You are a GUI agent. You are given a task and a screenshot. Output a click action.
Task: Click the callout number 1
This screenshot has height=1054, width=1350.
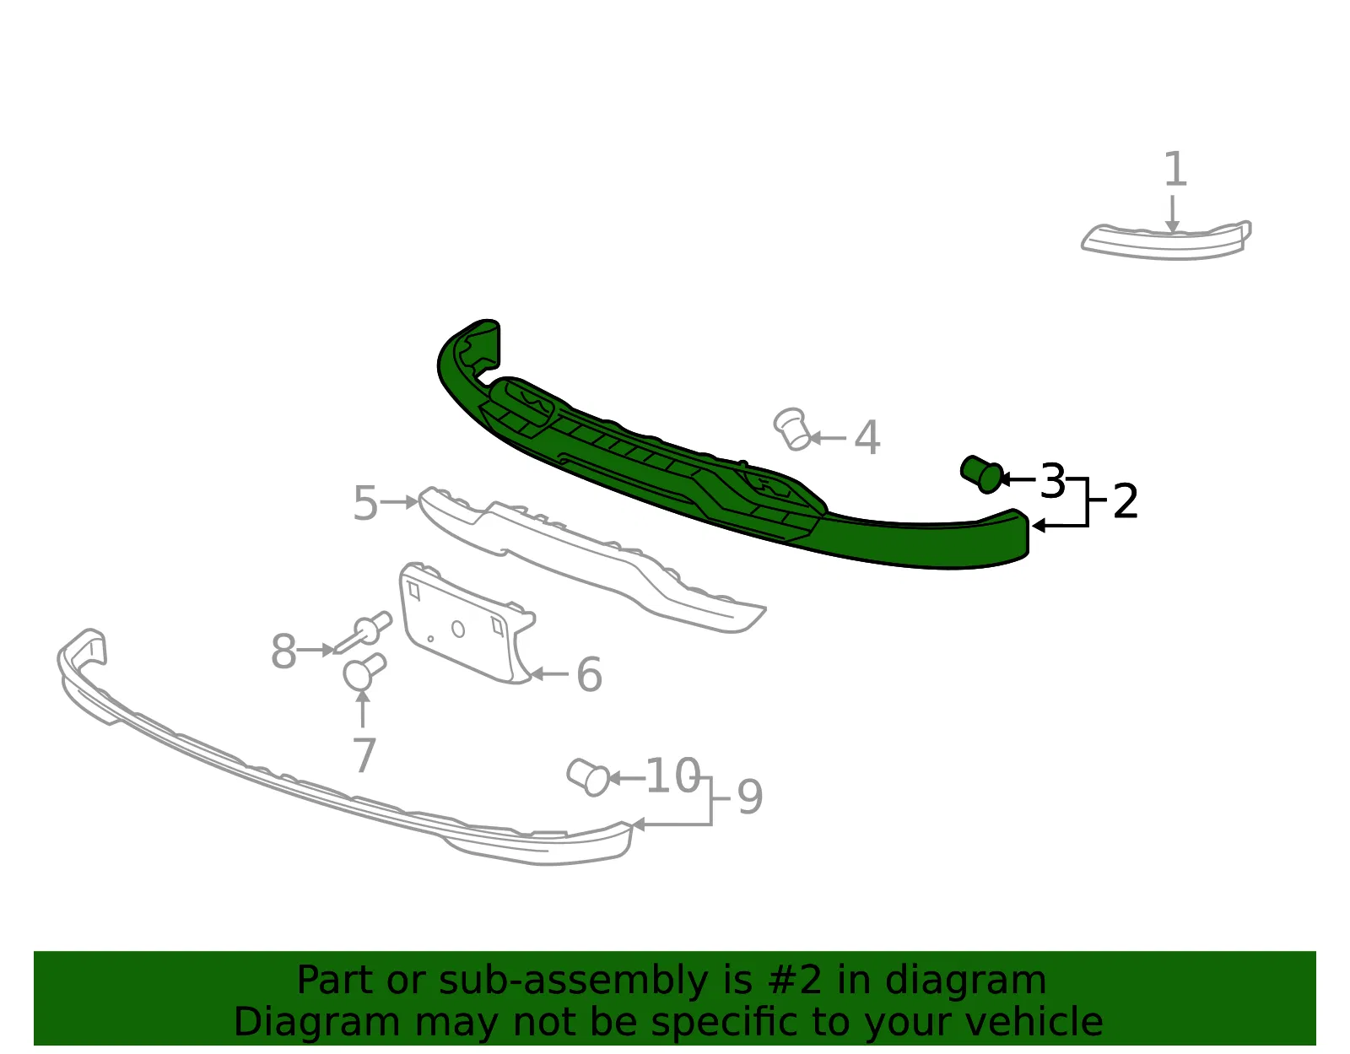(x=1174, y=169)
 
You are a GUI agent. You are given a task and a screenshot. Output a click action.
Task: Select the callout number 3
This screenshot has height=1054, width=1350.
(x=1052, y=480)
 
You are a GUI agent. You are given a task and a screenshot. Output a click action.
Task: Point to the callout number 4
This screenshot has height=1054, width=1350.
(x=867, y=437)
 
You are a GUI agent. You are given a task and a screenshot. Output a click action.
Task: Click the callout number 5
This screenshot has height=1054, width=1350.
(x=365, y=502)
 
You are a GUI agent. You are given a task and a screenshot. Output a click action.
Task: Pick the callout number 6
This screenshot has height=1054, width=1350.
(x=589, y=674)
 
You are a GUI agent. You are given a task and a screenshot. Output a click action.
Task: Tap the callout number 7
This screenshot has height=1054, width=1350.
(x=364, y=754)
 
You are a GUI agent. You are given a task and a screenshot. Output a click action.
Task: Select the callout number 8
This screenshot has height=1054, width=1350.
(x=283, y=651)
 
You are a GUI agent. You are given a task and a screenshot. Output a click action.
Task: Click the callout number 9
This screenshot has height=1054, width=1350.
(x=750, y=797)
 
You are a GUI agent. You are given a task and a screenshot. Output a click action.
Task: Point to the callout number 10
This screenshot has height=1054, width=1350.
(x=673, y=776)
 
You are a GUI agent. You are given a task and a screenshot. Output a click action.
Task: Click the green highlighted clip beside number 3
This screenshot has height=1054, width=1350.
(x=981, y=474)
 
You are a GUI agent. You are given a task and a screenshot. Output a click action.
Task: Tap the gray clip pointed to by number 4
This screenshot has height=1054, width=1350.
(x=791, y=429)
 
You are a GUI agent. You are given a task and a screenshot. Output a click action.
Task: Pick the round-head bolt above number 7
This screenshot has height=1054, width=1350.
(x=364, y=671)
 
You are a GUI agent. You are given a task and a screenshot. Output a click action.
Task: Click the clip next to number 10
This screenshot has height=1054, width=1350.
(x=588, y=777)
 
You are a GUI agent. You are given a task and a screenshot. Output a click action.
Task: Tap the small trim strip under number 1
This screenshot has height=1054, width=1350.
(x=1166, y=241)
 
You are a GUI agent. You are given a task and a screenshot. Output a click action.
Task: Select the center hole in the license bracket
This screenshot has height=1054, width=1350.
(x=458, y=630)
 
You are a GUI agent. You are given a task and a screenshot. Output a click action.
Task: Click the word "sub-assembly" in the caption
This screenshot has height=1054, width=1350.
(x=573, y=981)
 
